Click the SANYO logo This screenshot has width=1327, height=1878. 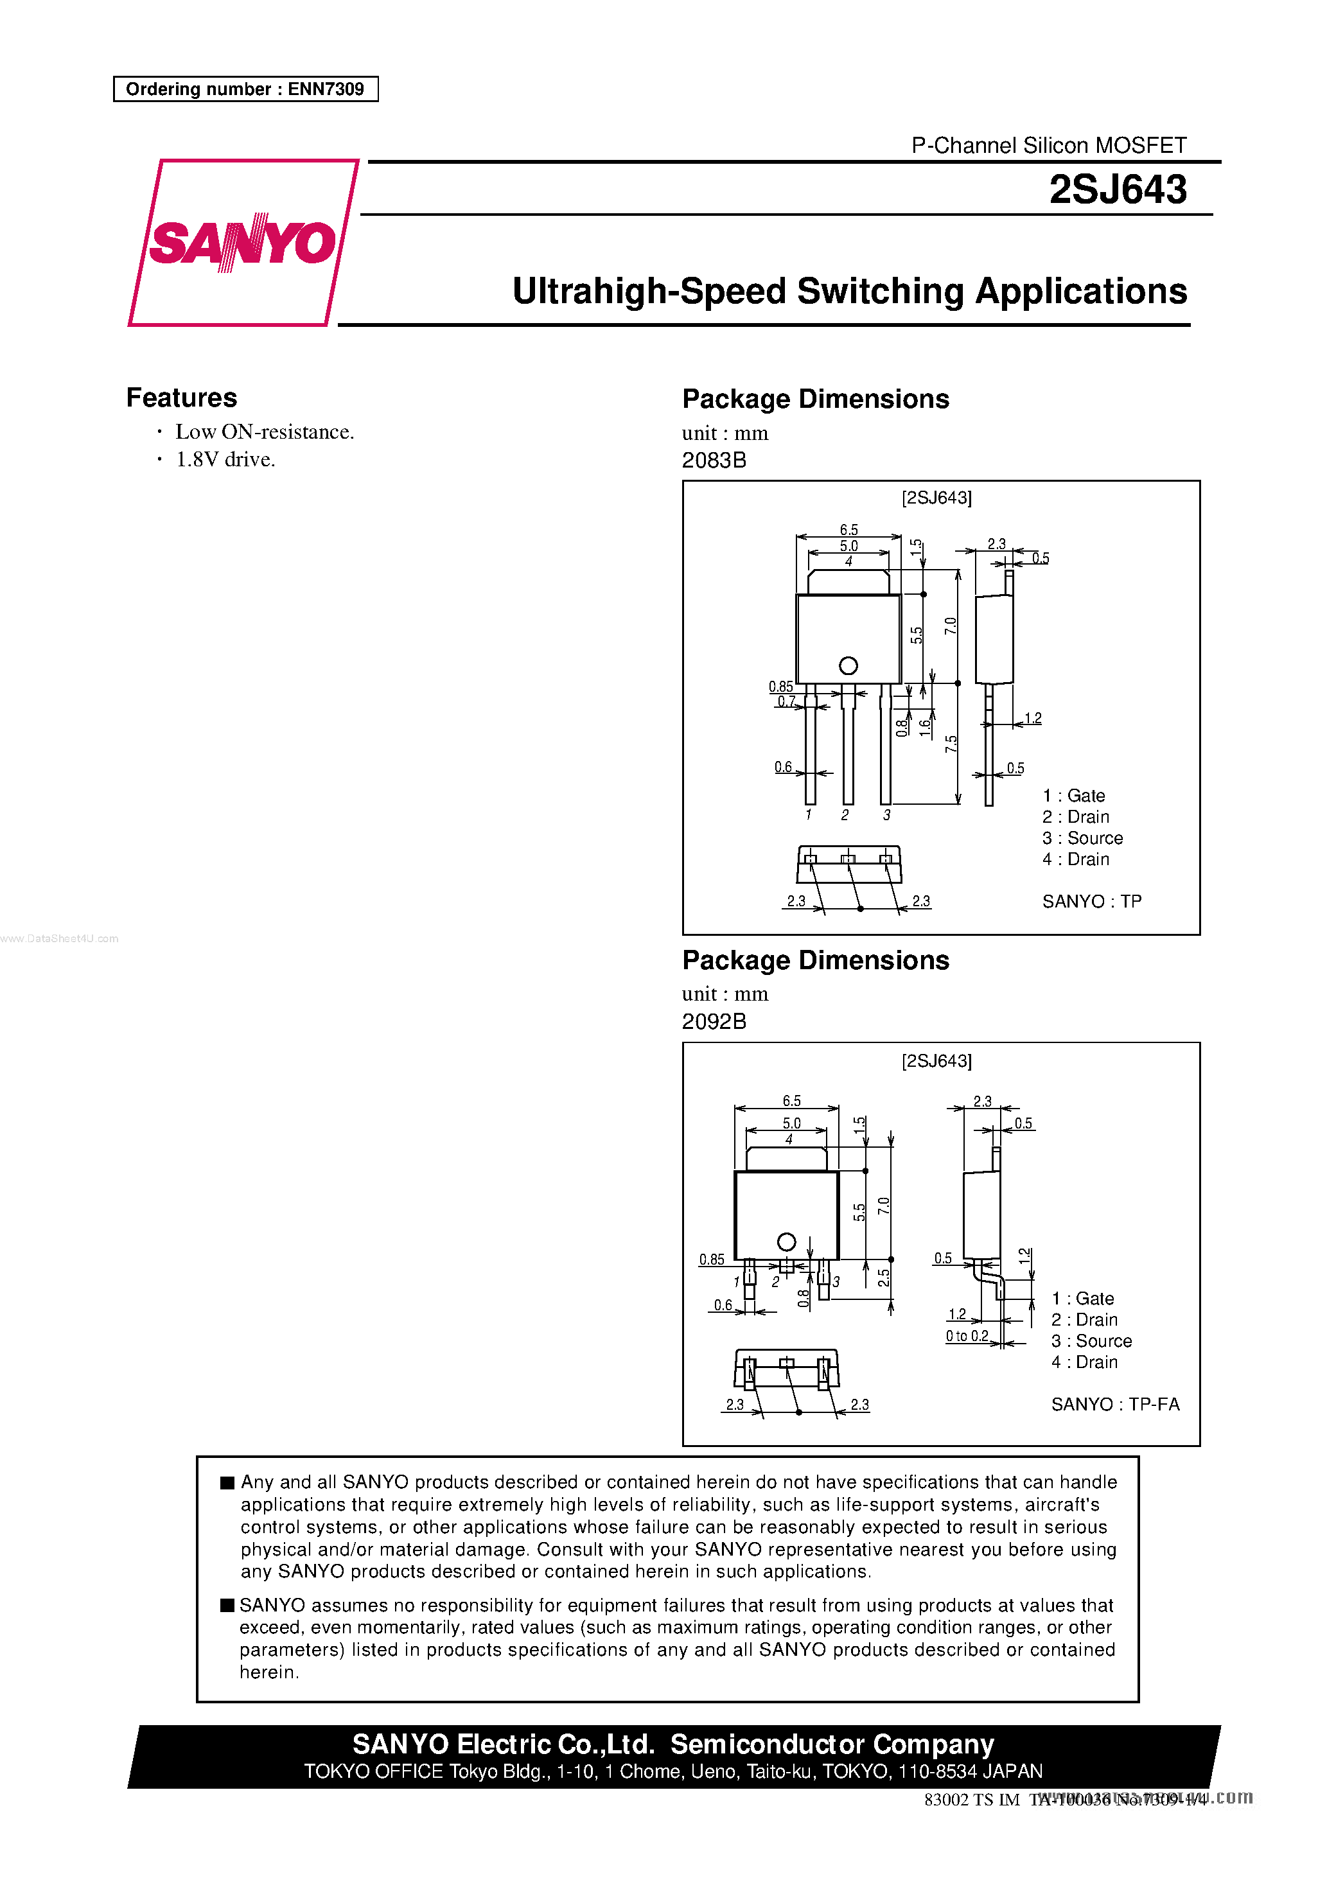click(243, 243)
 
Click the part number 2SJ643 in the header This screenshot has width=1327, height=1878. click(1117, 189)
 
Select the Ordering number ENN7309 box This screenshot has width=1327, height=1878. click(245, 89)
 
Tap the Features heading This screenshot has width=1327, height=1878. click(182, 398)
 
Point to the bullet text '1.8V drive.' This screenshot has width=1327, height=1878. click(225, 460)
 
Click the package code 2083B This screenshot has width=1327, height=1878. click(714, 461)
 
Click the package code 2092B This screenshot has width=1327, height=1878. click(714, 1022)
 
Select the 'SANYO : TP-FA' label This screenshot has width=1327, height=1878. click(1114, 1405)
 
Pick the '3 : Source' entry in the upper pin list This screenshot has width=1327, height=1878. click(1082, 838)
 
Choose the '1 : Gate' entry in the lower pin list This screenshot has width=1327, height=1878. click(1082, 1299)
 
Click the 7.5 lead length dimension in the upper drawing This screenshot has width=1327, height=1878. click(951, 744)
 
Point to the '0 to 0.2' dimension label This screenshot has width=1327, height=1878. click(967, 1336)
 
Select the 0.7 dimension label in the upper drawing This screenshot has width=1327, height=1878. click(786, 702)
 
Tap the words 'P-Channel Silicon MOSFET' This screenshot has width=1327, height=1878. click(1048, 146)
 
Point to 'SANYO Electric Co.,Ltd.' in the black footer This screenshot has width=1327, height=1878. click(503, 1744)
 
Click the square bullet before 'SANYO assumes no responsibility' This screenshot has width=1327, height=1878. click(227, 1605)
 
